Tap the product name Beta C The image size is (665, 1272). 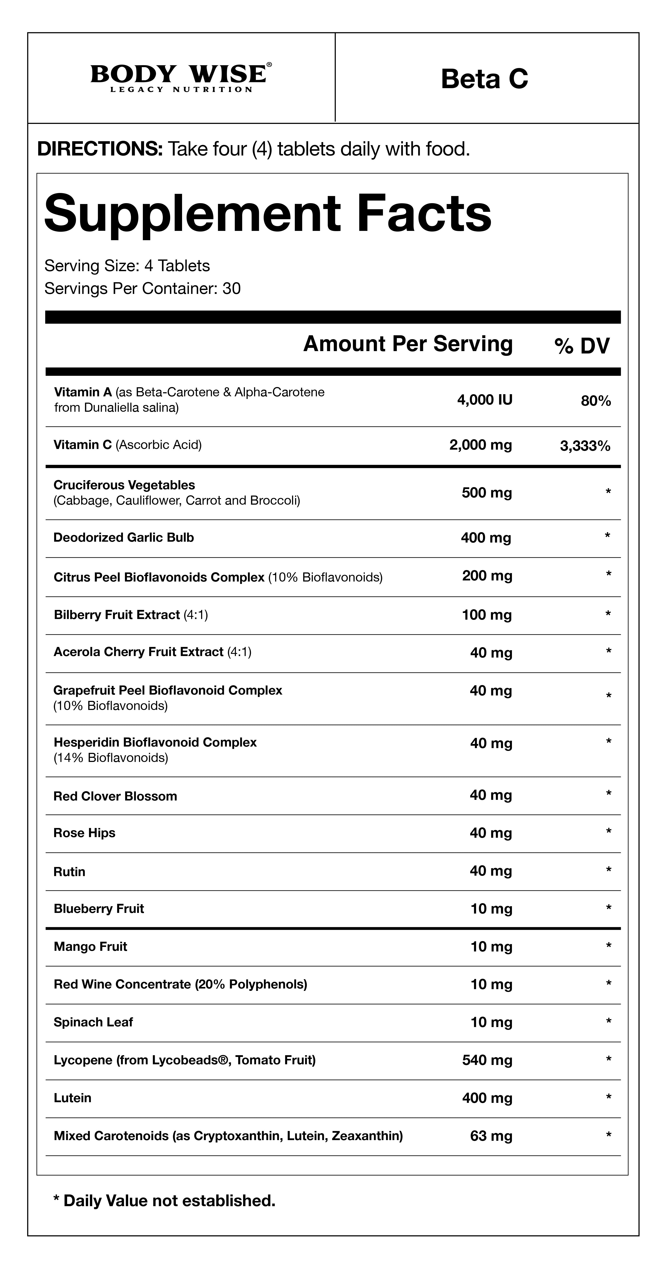(484, 79)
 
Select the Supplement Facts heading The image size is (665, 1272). (268, 214)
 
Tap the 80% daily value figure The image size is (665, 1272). (596, 401)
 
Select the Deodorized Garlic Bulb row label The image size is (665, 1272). (123, 538)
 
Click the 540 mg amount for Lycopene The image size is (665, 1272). (487, 1060)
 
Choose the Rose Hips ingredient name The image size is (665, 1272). (84, 833)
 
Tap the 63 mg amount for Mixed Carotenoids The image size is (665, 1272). (491, 1136)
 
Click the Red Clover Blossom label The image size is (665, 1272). (115, 796)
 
